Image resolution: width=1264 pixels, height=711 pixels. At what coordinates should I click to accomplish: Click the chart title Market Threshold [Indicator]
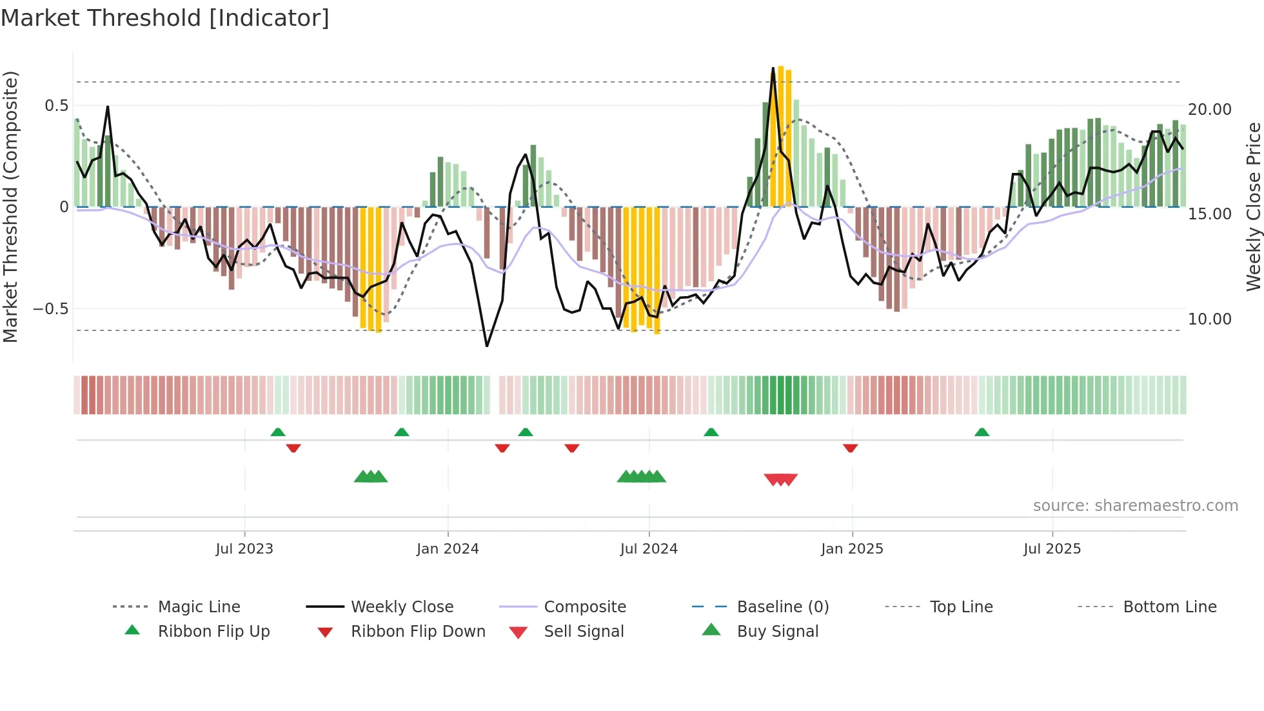(x=165, y=18)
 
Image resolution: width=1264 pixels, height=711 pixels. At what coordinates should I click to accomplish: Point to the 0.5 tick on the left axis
(x=56, y=106)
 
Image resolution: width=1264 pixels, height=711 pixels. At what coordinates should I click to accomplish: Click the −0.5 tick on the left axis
(x=51, y=309)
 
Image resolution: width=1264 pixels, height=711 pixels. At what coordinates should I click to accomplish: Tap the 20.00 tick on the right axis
(x=1209, y=110)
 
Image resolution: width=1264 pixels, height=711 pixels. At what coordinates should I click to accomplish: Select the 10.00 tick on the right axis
(x=1209, y=319)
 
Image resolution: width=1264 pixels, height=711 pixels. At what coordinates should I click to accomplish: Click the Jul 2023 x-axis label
(x=244, y=549)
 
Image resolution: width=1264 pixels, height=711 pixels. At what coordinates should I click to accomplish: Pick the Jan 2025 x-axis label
(x=852, y=549)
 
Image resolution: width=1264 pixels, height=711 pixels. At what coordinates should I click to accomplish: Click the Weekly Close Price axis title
(x=1253, y=206)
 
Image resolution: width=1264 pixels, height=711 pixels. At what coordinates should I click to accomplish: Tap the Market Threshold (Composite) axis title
(x=10, y=206)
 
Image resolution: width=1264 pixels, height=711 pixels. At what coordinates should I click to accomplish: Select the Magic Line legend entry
(x=199, y=607)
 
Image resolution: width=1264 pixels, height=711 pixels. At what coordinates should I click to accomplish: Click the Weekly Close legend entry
(x=402, y=607)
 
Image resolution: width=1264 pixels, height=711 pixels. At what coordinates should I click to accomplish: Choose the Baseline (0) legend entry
(x=782, y=607)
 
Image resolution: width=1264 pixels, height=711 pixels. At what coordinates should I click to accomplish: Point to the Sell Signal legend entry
(x=584, y=632)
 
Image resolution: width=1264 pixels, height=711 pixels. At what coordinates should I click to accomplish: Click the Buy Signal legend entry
(x=777, y=632)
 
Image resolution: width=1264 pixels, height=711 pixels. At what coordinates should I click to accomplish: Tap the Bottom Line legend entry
(x=1169, y=607)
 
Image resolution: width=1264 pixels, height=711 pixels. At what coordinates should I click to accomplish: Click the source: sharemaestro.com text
(x=1135, y=506)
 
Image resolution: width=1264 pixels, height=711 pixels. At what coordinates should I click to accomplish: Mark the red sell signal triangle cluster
(x=781, y=479)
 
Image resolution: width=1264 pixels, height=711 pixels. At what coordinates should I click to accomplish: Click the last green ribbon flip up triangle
(x=982, y=432)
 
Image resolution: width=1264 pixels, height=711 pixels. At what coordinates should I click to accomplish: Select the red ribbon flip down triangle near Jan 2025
(x=850, y=448)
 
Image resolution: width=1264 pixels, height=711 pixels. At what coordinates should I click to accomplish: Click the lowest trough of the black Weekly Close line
(x=487, y=346)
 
